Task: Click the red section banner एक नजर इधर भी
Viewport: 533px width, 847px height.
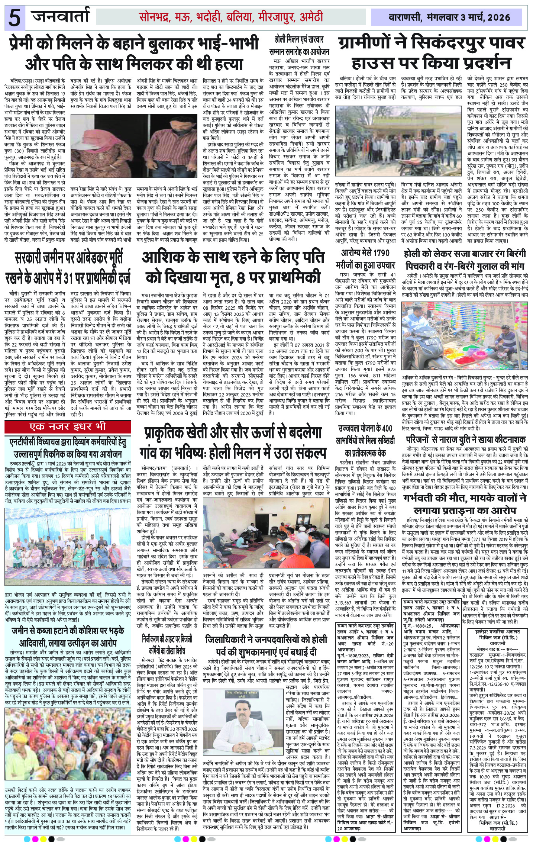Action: click(x=68, y=426)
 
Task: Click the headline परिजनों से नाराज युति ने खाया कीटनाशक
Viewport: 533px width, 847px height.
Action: click(x=466, y=439)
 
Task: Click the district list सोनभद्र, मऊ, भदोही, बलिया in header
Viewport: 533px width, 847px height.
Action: click(x=230, y=17)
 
